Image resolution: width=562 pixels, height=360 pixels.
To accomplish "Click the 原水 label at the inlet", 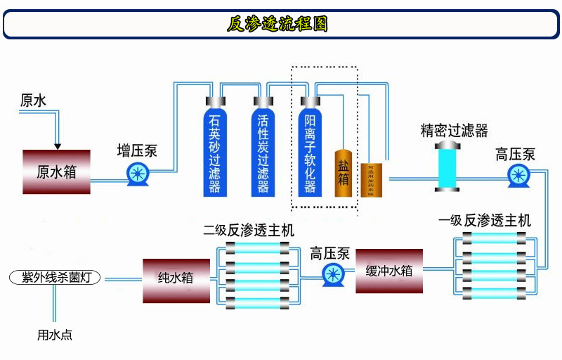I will coord(33,101).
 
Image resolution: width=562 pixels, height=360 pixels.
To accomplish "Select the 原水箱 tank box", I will coord(57,172).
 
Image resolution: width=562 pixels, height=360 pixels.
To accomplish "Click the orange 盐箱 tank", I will coord(343,173).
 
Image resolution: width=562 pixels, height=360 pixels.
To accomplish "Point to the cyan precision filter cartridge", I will coord(447,165).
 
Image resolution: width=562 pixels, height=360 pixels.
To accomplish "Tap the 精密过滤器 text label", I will coord(454,131).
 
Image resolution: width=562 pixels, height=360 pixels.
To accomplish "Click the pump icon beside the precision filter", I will coord(519,175).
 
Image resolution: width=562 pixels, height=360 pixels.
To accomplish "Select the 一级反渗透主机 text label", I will coord(485,221).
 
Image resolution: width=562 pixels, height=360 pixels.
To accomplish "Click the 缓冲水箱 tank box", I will coord(389,271).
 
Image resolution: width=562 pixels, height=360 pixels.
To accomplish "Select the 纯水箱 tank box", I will coord(176,279).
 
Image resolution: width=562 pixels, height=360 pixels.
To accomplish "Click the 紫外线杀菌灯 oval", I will coord(57,278).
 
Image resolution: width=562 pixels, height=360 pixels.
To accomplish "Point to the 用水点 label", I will coord(55,335).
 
